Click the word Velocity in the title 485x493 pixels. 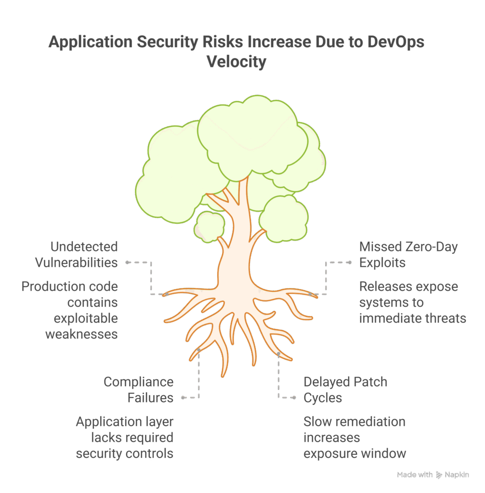pyautogui.click(x=236, y=62)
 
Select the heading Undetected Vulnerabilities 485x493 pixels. pyautogui.click(x=77, y=255)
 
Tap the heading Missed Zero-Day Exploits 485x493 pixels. pyautogui.click(x=408, y=255)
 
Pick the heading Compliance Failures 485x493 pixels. pyautogui.click(x=139, y=390)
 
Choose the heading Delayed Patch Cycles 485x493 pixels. pyautogui.click(x=345, y=390)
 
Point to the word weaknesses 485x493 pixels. pyautogui.click(x=81, y=334)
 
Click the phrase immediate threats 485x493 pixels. pyautogui.click(x=412, y=318)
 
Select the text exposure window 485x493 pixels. pyautogui.click(x=354, y=454)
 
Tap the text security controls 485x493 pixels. pyautogui.click(x=125, y=454)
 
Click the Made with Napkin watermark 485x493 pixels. pyautogui.click(x=433, y=475)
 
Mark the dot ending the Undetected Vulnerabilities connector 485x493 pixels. pyautogui.click(x=127, y=262)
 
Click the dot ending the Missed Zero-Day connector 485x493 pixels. pyautogui.click(x=350, y=262)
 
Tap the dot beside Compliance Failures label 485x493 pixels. pyautogui.click(x=183, y=398)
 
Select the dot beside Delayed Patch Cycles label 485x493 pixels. pyautogui.click(x=294, y=398)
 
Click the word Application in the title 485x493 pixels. pyautogui.click(x=90, y=42)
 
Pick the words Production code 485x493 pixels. pyautogui.click(x=70, y=286)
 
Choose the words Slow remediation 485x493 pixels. pyautogui.click(x=354, y=422)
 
